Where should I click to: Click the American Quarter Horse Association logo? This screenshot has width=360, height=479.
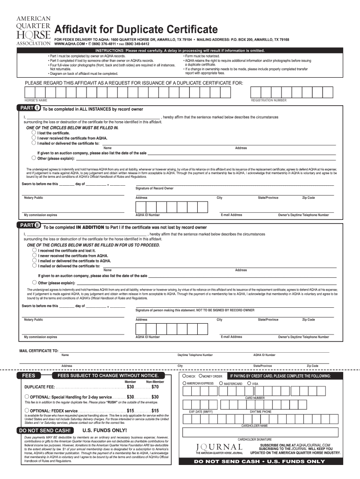33,29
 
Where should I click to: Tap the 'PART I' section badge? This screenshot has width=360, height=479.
26,109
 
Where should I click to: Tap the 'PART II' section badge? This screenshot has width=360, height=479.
27,227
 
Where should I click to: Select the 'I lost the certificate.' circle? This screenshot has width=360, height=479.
34,133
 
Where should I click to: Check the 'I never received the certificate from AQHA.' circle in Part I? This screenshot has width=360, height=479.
34,138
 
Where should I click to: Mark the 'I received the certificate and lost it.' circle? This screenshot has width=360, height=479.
34,250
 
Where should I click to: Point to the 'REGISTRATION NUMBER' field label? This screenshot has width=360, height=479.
269,101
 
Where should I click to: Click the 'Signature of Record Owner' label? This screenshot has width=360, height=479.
154,188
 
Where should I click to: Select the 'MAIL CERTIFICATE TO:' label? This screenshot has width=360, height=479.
39,350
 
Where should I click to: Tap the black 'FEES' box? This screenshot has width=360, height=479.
32,376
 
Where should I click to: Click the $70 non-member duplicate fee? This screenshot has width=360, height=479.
155,387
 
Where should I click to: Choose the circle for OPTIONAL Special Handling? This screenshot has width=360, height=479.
27,397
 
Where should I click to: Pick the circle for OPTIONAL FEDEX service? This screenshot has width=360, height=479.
27,410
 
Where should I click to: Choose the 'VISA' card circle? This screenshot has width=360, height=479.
249,384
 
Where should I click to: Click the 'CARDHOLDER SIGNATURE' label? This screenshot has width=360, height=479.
254,439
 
